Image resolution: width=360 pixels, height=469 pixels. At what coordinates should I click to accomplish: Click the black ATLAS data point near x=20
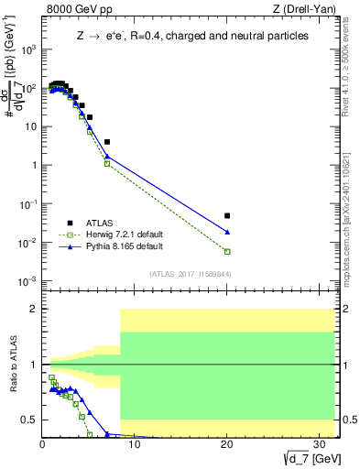[227, 216]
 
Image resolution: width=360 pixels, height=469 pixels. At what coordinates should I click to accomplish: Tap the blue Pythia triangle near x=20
[227, 232]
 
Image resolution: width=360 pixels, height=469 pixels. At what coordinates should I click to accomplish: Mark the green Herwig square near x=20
[227, 251]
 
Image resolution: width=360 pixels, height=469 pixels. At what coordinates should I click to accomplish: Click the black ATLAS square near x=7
[107, 142]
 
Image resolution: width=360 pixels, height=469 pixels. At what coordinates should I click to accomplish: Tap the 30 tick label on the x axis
[320, 444]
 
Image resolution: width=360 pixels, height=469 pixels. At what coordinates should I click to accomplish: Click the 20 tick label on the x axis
[227, 444]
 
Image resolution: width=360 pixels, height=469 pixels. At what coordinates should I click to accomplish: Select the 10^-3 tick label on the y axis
[27, 280]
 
